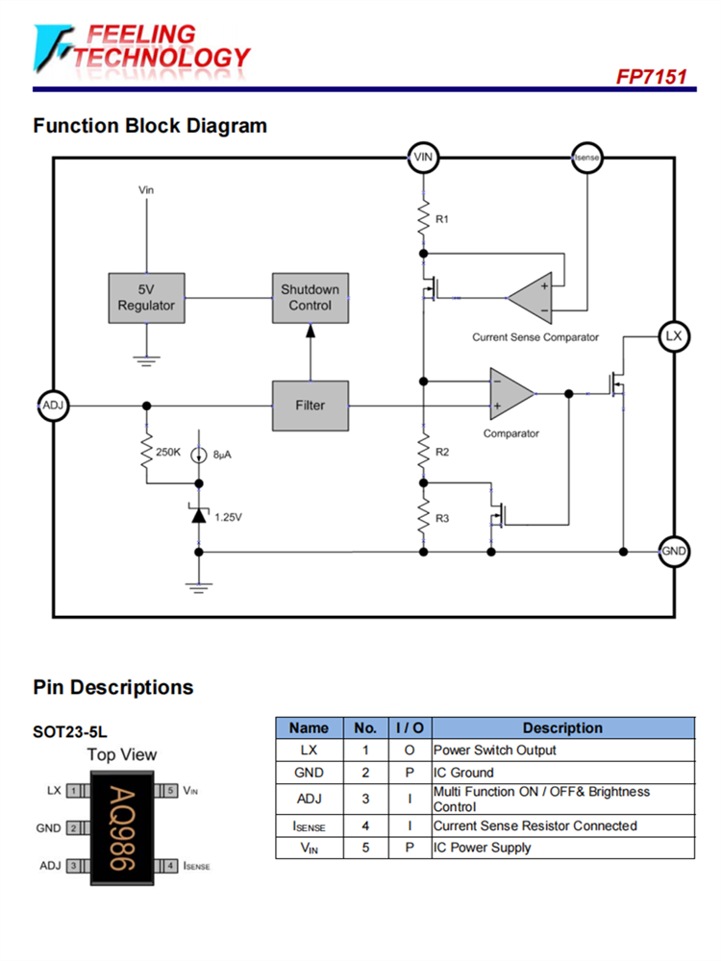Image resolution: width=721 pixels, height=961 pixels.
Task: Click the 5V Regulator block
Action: coord(146,298)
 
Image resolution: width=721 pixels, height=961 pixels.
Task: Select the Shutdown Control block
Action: coord(310,298)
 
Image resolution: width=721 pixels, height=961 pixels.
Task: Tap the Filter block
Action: coord(310,406)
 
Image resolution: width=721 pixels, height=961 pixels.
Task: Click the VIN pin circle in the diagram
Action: coord(423,158)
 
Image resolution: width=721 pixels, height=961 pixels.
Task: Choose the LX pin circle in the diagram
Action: coord(674,336)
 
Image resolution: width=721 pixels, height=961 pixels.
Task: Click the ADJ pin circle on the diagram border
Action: coord(52,406)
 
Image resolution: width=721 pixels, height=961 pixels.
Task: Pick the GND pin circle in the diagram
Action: coord(674,552)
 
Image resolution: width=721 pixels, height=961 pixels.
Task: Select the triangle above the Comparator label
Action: coord(510,393)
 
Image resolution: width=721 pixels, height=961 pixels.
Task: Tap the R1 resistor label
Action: coord(442,219)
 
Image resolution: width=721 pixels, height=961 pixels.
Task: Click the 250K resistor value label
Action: coord(168,452)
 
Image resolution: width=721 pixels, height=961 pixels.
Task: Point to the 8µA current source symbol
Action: coord(199,456)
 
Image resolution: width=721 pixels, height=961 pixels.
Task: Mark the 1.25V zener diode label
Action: coord(228,517)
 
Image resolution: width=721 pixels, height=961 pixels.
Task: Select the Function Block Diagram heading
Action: coord(150,126)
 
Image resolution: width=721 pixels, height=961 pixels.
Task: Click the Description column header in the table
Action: coord(562,727)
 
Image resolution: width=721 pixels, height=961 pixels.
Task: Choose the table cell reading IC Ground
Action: coord(463,773)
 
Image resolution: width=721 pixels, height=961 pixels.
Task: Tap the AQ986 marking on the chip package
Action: coord(122,828)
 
